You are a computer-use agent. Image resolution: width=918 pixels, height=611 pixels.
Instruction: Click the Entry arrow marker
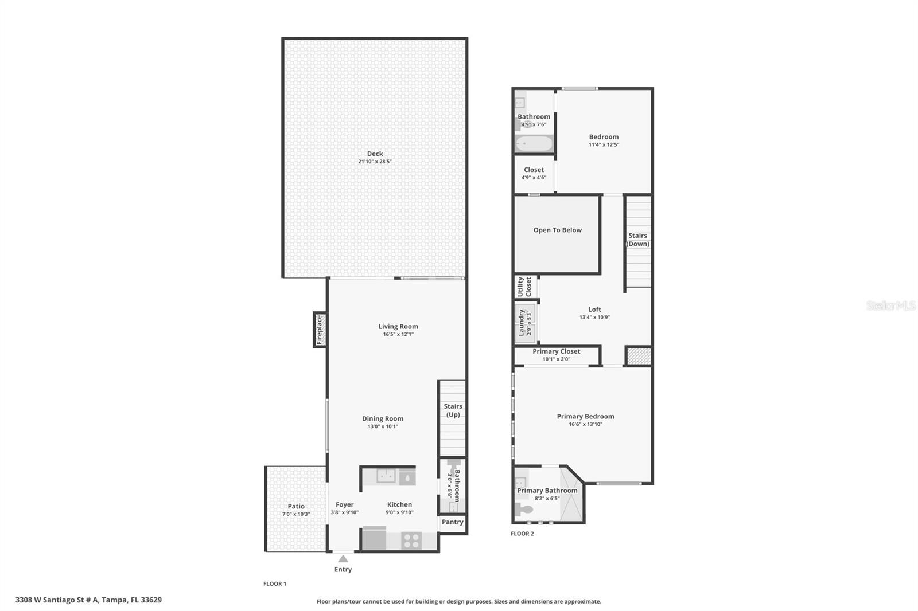[343, 558]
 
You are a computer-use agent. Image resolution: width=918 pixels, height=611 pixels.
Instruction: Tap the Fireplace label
[320, 330]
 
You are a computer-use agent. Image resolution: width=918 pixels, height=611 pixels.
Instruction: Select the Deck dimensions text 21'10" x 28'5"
[375, 162]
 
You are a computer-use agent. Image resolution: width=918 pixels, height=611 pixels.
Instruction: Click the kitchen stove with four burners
[411, 540]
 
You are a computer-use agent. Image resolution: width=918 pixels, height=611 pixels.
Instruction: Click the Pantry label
[452, 522]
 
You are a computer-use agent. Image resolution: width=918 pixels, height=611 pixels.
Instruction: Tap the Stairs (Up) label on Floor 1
[453, 410]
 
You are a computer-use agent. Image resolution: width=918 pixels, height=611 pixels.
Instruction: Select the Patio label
[296, 506]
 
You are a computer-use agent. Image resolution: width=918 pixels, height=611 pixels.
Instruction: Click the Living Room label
[398, 327]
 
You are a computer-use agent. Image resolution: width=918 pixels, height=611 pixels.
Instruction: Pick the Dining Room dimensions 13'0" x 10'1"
[383, 426]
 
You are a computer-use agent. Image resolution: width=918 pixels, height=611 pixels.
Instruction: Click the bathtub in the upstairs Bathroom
[534, 143]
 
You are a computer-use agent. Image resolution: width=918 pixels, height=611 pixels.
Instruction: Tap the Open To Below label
[557, 230]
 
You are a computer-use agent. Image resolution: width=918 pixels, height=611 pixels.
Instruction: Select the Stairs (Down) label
[637, 240]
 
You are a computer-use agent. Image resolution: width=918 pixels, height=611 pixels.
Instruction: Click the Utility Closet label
[524, 287]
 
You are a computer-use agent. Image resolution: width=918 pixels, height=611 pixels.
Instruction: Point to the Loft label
[594, 310]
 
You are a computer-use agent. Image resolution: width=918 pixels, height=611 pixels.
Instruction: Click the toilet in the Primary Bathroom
[524, 509]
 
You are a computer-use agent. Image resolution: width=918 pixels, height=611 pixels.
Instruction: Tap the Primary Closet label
[556, 351]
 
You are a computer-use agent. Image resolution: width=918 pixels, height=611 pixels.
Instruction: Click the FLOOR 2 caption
[522, 534]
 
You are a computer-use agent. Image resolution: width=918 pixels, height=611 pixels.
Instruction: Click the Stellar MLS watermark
[890, 305]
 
